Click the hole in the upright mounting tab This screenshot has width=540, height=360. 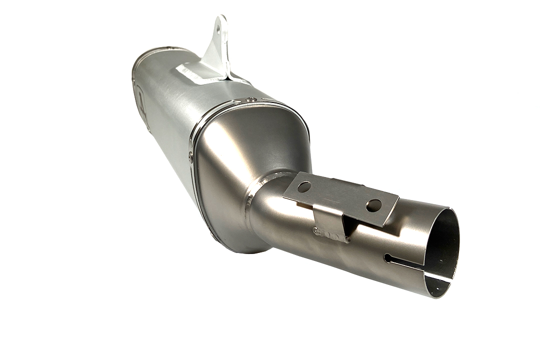[217, 29]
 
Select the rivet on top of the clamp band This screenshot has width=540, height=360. [251, 99]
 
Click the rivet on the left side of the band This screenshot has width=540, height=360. [190, 156]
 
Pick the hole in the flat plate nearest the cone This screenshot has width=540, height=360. [303, 187]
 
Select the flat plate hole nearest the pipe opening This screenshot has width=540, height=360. [373, 204]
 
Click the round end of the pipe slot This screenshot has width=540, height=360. [388, 258]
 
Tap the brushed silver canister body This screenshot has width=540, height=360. [170, 115]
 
